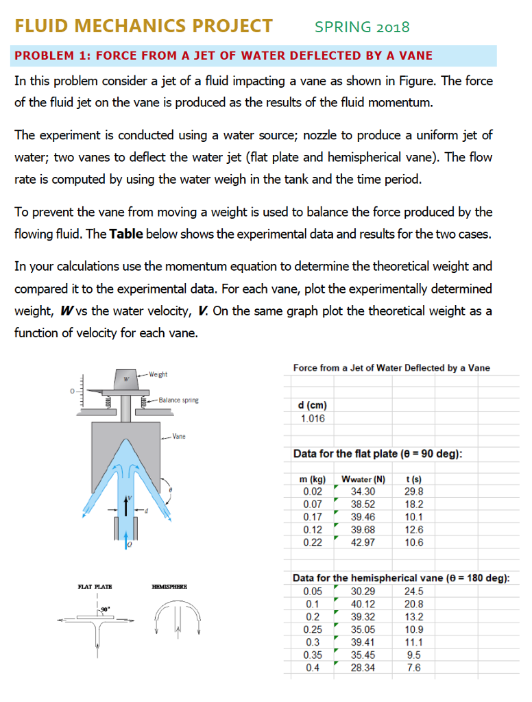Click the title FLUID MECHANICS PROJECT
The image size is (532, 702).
pyautogui.click(x=143, y=26)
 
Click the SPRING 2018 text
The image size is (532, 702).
pyautogui.click(x=362, y=27)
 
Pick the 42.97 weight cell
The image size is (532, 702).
pyautogui.click(x=363, y=542)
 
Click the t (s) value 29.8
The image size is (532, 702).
pyautogui.click(x=415, y=492)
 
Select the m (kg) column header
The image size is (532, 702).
pyautogui.click(x=312, y=479)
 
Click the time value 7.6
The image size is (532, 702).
pyautogui.click(x=414, y=668)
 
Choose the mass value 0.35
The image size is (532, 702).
pyautogui.click(x=312, y=655)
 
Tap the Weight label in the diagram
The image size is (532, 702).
pyautogui.click(x=159, y=374)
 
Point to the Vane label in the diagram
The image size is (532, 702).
pyautogui.click(x=180, y=435)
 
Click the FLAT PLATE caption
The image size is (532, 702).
pyautogui.click(x=95, y=588)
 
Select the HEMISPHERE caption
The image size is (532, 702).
pyautogui.click(x=169, y=588)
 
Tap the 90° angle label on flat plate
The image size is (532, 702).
pyautogui.click(x=104, y=608)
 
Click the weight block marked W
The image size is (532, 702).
pyautogui.click(x=126, y=378)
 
